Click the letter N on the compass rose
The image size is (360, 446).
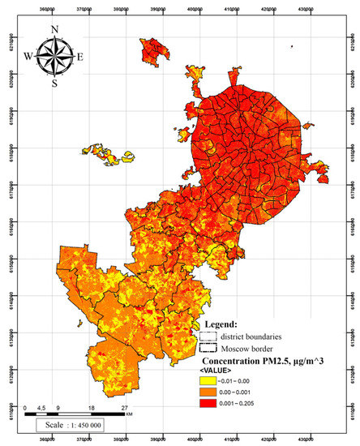coord(54,30)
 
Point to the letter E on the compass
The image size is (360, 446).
coord(80,57)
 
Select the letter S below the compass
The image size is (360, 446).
coord(54,84)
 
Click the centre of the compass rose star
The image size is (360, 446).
coord(54,57)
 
